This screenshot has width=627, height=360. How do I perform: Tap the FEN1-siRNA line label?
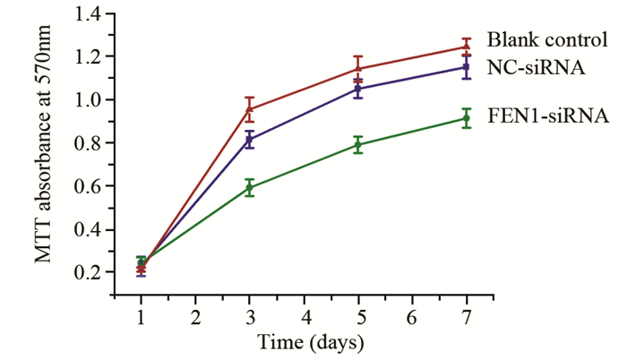(x=548, y=116)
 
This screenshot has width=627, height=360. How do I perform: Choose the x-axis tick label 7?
(x=467, y=318)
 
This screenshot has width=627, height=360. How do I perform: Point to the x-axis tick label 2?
(x=195, y=318)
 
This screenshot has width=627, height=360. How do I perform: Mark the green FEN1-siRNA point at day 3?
(x=250, y=188)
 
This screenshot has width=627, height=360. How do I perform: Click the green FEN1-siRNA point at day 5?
(x=358, y=145)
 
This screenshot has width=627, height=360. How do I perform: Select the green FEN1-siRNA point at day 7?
(x=467, y=118)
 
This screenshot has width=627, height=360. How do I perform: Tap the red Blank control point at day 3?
(x=250, y=109)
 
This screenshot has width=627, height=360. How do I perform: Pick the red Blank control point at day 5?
(x=358, y=68)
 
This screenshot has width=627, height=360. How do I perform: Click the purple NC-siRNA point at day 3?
(x=250, y=140)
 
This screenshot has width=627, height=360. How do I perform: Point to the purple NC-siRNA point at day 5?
(x=358, y=89)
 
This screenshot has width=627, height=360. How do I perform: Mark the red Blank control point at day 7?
(x=467, y=47)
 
